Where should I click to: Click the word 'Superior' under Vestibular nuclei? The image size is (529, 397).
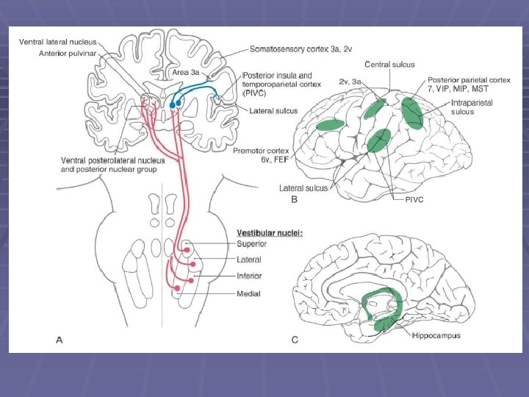tap(253, 244)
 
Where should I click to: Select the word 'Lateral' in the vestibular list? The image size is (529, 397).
tap(249, 260)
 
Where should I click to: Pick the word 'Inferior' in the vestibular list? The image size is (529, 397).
tap(250, 276)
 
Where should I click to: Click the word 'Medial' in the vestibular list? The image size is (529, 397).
tap(248, 294)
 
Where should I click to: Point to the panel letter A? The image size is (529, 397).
tap(60, 339)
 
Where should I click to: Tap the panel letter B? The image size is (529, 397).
tap(294, 199)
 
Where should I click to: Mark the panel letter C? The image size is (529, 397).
tap(295, 339)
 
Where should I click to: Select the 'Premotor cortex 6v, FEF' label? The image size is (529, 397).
tap(260, 155)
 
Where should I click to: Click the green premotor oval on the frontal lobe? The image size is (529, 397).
tap(330, 126)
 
